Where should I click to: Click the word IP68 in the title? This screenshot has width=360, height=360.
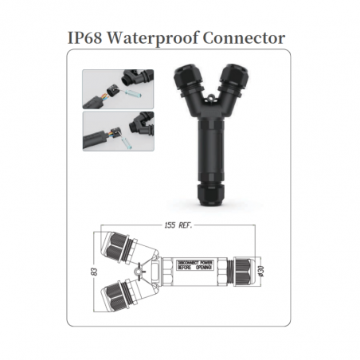click(x=85, y=37)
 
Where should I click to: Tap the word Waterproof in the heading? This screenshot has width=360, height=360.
click(x=153, y=39)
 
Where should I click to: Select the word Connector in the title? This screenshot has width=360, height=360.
click(x=245, y=38)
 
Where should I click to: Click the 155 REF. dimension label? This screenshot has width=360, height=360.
click(x=178, y=225)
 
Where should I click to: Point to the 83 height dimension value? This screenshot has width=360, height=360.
click(x=96, y=272)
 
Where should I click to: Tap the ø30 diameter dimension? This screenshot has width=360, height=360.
click(x=260, y=272)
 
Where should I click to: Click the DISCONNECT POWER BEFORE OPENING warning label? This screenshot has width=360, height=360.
click(x=195, y=265)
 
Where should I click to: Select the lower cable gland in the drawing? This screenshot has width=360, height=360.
click(x=119, y=296)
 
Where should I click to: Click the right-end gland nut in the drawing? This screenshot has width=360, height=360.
click(x=243, y=272)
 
